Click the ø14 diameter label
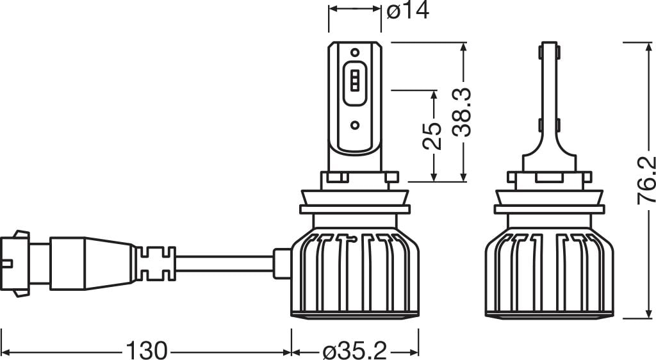pos(408,11)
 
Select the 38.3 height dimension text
pos(463,113)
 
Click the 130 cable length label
pos(146,350)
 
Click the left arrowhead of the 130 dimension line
pos(8,351)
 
